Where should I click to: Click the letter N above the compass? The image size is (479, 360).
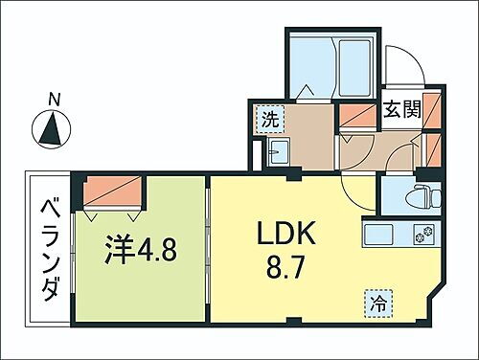click(x=54, y=98)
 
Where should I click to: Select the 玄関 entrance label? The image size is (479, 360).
click(x=402, y=109)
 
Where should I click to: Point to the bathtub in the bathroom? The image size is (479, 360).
click(x=354, y=66)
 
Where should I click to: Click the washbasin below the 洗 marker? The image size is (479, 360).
click(x=280, y=152)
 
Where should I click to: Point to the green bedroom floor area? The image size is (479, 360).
click(x=144, y=287)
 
